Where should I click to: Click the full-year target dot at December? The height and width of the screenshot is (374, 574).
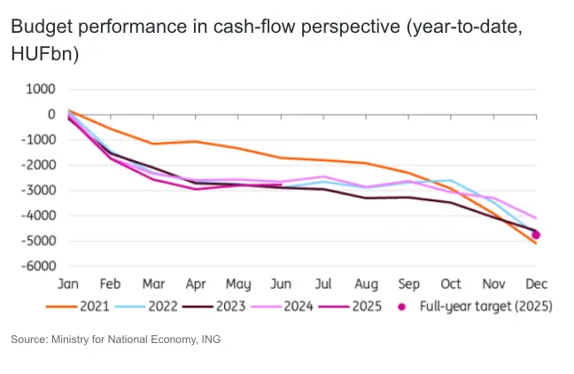tap(536, 235)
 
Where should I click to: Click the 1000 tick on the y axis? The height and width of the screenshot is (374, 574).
tap(41, 90)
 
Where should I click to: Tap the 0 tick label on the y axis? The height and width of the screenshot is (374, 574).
tap(51, 114)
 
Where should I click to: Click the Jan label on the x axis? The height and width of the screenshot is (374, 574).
tap(68, 284)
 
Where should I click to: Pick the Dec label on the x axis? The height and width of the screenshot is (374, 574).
tap(536, 284)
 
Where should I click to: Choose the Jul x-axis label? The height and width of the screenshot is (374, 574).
tap(323, 284)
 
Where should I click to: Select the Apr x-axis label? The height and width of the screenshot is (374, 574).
tap(196, 284)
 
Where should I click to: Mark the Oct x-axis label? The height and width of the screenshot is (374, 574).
tap(451, 284)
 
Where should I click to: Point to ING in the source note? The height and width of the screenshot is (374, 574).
tap(209, 339)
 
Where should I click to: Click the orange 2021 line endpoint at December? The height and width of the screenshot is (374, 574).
tap(536, 243)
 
